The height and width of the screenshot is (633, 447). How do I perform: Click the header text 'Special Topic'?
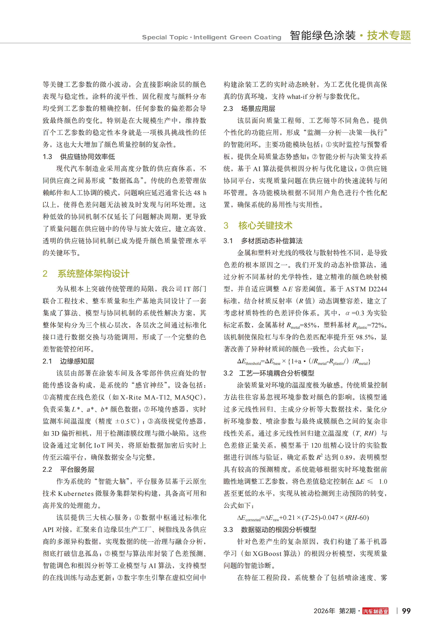[x=165, y=37]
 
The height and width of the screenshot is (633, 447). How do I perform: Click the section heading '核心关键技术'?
[x=265, y=226]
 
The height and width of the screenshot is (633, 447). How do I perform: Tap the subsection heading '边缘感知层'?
[x=77, y=361]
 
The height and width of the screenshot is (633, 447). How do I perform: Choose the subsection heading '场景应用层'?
[x=258, y=109]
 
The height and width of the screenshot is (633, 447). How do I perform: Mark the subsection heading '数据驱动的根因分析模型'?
[x=278, y=529]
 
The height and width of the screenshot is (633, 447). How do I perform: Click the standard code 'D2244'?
[x=378, y=289]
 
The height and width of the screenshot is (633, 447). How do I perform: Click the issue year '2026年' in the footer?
[x=324, y=611]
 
